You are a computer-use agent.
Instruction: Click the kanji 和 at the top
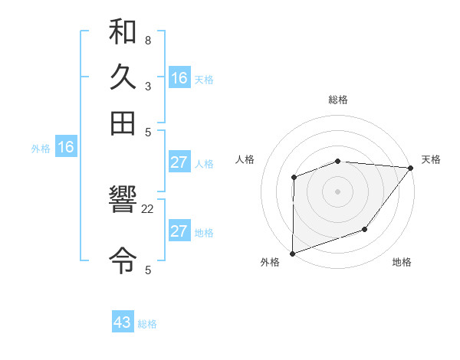click(x=123, y=33)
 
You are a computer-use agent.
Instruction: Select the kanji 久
click(x=123, y=77)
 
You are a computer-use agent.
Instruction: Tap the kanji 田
click(x=123, y=122)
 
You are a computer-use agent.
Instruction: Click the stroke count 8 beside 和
click(x=147, y=41)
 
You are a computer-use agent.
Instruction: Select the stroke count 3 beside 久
click(x=147, y=86)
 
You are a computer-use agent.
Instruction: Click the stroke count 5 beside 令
click(x=147, y=270)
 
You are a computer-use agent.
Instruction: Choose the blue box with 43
click(x=123, y=322)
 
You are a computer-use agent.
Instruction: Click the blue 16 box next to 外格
click(x=66, y=147)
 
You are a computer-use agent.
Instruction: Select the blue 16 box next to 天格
click(x=179, y=78)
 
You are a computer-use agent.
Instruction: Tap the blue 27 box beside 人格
click(x=179, y=162)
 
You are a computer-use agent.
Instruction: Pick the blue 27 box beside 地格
click(x=179, y=231)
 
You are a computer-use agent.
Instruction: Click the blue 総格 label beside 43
click(x=147, y=324)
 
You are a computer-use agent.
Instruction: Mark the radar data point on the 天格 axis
click(x=410, y=168)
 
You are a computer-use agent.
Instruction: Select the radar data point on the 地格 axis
click(x=365, y=229)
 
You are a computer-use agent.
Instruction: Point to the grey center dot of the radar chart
click(x=337, y=191)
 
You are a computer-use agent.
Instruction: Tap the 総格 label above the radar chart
click(x=337, y=100)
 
